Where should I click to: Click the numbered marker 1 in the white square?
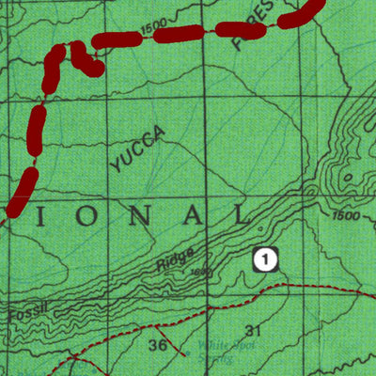pos(267,258)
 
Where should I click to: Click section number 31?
pos(252,330)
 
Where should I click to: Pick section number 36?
pos(158,345)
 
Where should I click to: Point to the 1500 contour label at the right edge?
pos(346,216)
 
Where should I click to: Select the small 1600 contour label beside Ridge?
pos(197,273)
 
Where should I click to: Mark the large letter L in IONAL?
pos(241,215)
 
